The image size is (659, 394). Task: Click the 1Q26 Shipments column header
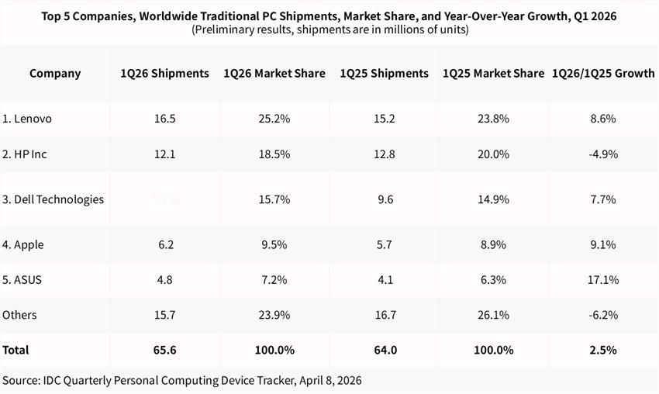tap(164, 74)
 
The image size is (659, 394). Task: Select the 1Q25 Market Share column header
tap(493, 74)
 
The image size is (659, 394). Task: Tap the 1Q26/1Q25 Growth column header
tap(602, 74)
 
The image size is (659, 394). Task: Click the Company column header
tap(55, 74)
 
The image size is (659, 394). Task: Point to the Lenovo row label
tap(27, 119)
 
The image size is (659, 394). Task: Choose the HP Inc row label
tap(25, 154)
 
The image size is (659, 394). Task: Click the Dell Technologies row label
tap(53, 199)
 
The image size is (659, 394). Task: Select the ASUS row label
tap(23, 279)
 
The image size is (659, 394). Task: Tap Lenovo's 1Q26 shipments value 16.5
tap(164, 119)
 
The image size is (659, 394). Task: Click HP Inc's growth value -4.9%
tap(602, 154)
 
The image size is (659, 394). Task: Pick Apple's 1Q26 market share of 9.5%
tap(274, 244)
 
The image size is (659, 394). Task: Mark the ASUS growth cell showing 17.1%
tap(602, 279)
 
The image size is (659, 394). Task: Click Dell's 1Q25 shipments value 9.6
tap(384, 199)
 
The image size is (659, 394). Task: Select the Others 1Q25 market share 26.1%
tap(493, 315)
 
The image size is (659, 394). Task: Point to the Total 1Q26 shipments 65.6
tap(164, 350)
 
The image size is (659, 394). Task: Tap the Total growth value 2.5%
tap(602, 350)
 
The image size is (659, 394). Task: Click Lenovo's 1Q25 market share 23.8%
tap(493, 119)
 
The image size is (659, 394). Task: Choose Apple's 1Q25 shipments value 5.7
tap(384, 244)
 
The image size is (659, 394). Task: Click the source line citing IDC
tap(181, 380)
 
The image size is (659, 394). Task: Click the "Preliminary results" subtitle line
tap(329, 29)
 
